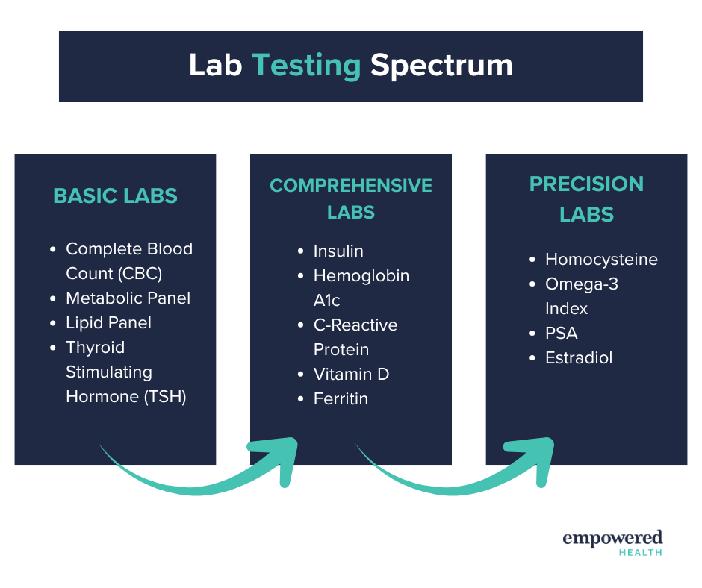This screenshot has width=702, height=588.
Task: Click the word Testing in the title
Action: click(306, 66)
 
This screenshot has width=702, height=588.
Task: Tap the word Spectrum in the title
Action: click(441, 66)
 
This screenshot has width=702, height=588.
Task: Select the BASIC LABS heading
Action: click(116, 196)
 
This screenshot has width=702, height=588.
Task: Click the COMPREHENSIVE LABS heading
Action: click(351, 198)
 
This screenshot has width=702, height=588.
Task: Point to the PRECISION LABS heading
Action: click(586, 198)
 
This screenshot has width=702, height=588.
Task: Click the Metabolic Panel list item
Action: click(128, 298)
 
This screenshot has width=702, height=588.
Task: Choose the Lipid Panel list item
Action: click(109, 322)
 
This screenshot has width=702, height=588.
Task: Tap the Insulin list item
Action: click(338, 251)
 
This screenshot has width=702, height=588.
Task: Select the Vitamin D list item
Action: click(352, 374)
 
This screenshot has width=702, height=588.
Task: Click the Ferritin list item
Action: click(341, 398)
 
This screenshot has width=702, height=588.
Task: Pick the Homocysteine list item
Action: click(601, 259)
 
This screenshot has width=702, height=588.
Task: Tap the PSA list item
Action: click(562, 333)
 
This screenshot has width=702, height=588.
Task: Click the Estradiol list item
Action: click(579, 357)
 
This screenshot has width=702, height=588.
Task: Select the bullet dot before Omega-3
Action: click(532, 284)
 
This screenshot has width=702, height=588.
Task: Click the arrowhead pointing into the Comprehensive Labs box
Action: click(278, 459)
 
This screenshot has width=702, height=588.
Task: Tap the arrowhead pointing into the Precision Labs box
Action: click(534, 459)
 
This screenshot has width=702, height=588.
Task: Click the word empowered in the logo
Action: click(612, 538)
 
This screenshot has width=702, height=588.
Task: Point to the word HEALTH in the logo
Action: click(641, 553)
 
